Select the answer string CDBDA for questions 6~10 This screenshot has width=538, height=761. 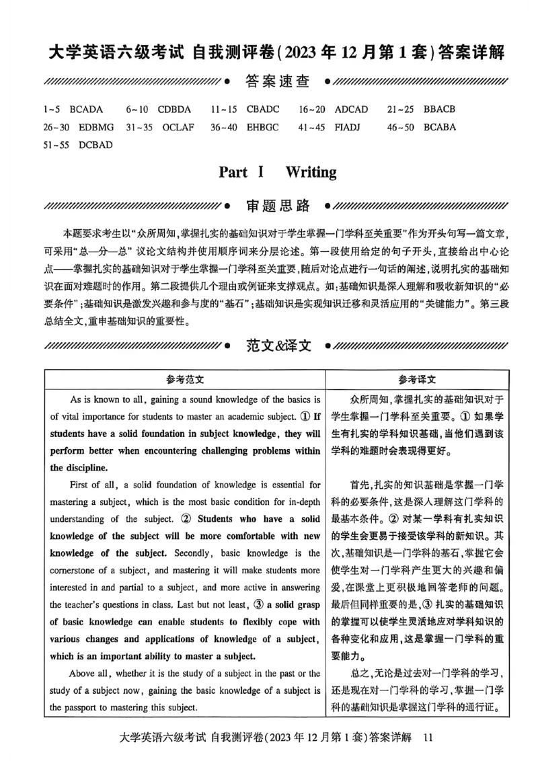(x=174, y=109)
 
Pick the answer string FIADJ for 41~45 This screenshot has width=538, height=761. (x=350, y=126)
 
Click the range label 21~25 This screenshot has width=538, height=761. (x=400, y=109)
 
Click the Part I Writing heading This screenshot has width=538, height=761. (x=278, y=172)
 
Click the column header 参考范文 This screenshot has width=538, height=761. (x=184, y=379)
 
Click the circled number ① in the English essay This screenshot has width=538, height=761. (x=301, y=416)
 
